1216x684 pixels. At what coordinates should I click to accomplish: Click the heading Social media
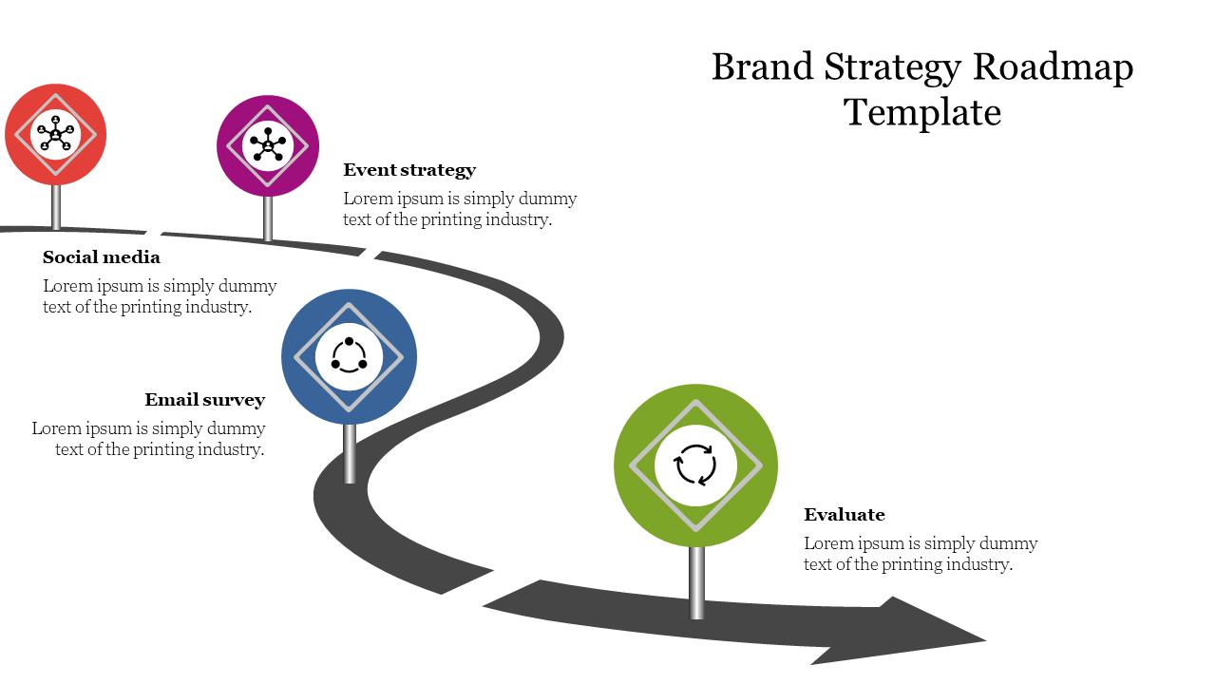(102, 257)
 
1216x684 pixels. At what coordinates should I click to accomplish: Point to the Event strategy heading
(409, 170)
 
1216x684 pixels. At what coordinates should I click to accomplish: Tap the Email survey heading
(204, 400)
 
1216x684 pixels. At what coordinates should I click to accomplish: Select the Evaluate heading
(844, 515)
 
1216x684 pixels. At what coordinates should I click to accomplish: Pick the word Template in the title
(922, 112)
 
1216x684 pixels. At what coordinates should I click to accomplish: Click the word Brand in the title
(762, 67)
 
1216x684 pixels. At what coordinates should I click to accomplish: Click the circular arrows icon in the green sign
(695, 465)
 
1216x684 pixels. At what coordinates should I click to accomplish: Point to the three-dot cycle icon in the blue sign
(349, 356)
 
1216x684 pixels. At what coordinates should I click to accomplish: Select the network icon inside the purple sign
(268, 145)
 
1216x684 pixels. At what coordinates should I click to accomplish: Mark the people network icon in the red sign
(55, 134)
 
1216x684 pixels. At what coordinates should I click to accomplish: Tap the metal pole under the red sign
(56, 206)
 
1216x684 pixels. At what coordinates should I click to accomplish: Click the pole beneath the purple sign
(268, 218)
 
